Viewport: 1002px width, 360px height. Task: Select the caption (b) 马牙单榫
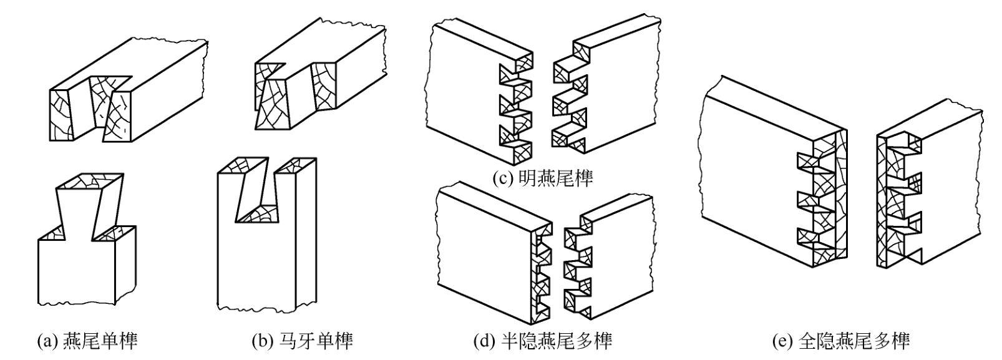tap(302, 341)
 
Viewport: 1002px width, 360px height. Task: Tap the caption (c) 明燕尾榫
tap(543, 178)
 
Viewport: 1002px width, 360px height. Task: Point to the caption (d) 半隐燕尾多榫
tap(542, 341)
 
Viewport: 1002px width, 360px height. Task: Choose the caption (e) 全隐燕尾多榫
tap(841, 341)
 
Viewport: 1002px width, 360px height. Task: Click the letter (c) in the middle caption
tap(502, 179)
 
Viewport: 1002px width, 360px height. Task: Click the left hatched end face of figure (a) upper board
tap(61, 116)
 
